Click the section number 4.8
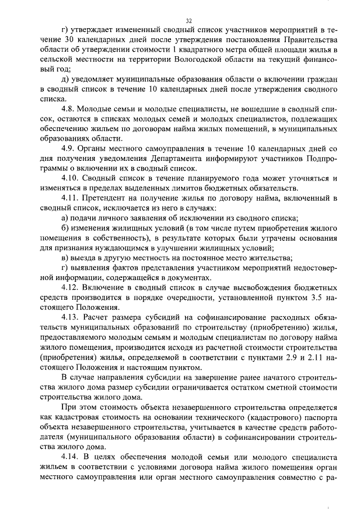pyautogui.click(x=71, y=110)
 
